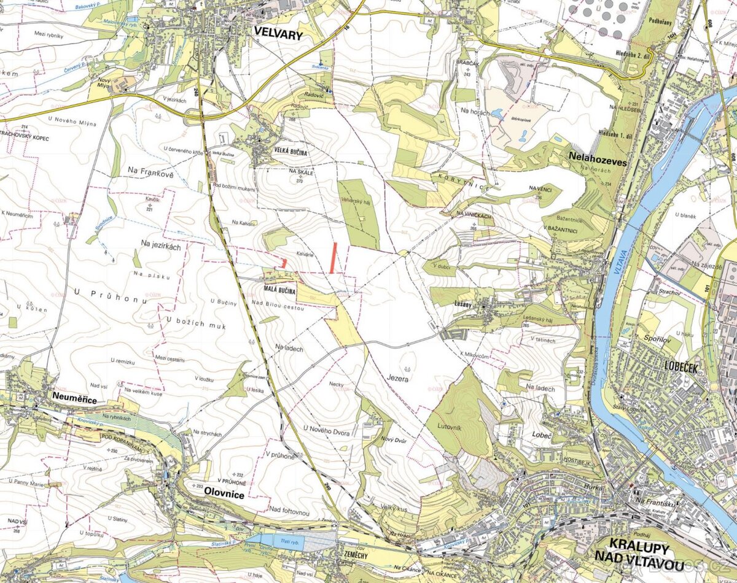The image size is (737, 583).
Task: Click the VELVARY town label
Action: point(278,35)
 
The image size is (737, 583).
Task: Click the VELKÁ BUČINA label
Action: point(291,150)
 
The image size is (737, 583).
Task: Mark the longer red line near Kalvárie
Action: point(333,257)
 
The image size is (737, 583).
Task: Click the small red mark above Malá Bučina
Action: point(284,263)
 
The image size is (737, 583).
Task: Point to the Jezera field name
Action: point(397,379)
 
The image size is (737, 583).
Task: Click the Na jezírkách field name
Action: point(161,244)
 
